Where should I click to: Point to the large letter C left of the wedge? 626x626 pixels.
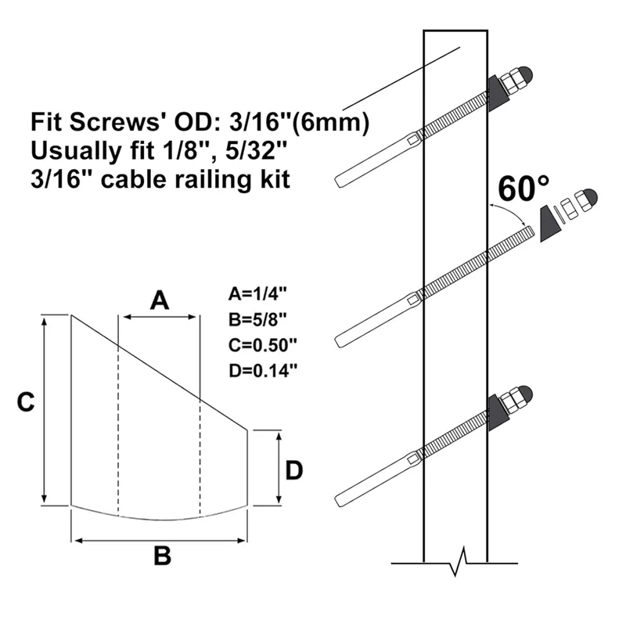[x=25, y=402]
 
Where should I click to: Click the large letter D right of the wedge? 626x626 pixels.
[x=293, y=469]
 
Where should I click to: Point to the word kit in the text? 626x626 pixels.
[x=275, y=179]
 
